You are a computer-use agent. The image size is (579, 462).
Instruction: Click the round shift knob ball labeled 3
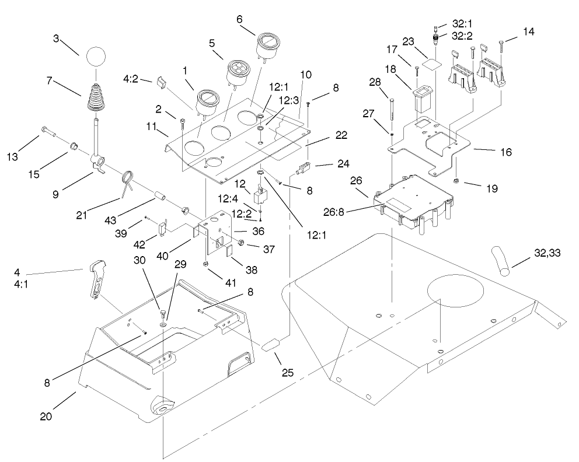pos(94,58)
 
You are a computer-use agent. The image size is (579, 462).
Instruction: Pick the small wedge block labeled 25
pos(270,345)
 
